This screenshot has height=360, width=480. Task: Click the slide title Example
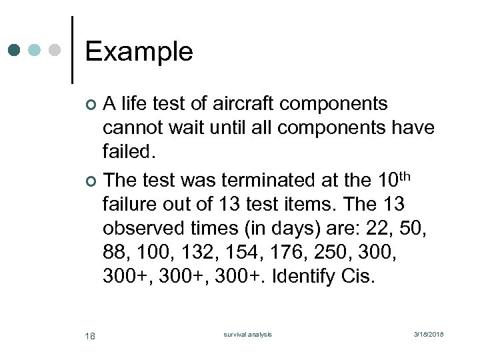[x=139, y=51]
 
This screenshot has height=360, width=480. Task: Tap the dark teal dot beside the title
[x=15, y=50]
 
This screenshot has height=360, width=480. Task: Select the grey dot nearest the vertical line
[x=56, y=50]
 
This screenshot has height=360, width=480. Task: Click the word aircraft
[x=242, y=104]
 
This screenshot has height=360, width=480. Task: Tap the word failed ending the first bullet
[x=129, y=153]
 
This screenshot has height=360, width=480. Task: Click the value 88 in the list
[x=115, y=252]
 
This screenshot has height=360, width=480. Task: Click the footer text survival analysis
[x=247, y=334]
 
